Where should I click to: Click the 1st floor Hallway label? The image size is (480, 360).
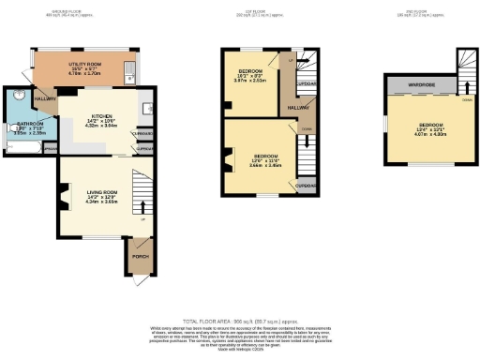point(298,109)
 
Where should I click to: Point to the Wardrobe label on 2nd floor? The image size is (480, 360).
point(420,84)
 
